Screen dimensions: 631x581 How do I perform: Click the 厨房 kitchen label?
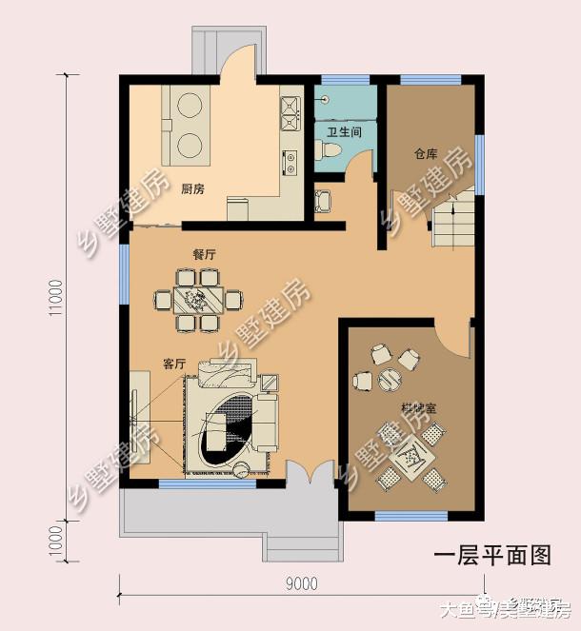192,188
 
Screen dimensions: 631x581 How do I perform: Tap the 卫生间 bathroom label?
344,132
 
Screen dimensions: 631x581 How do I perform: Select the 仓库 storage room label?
425,153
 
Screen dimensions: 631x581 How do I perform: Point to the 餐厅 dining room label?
204,255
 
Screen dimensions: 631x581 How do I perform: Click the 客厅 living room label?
173,364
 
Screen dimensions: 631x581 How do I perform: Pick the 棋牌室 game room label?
418,408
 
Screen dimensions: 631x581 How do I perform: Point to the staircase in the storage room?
453,222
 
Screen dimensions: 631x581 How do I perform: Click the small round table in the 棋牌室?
390,380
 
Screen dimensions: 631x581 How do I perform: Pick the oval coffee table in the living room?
230,432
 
